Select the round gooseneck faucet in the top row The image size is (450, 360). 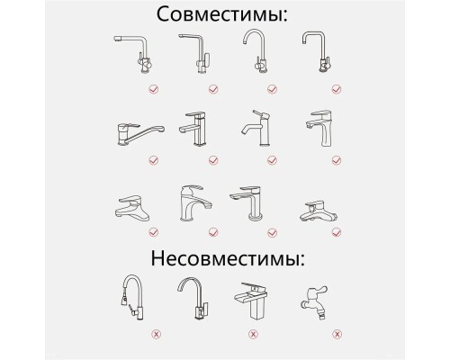254,52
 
